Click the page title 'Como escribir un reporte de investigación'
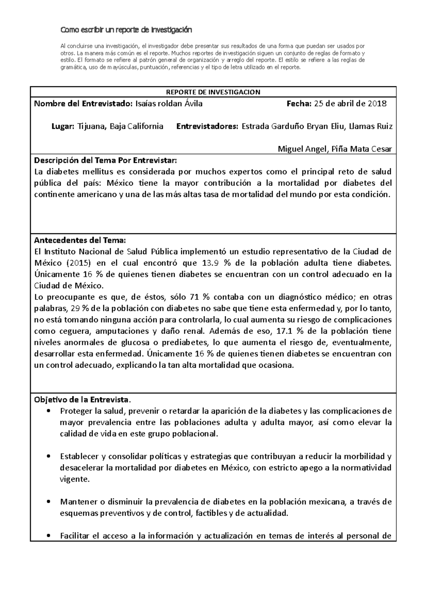[126, 30]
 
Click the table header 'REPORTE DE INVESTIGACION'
[213, 92]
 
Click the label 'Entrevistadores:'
[207, 126]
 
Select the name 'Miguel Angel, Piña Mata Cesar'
[334, 149]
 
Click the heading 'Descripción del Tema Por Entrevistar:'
[105, 161]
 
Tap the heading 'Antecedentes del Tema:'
[80, 240]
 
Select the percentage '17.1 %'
[290, 331]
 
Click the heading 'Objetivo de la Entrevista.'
[82, 400]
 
